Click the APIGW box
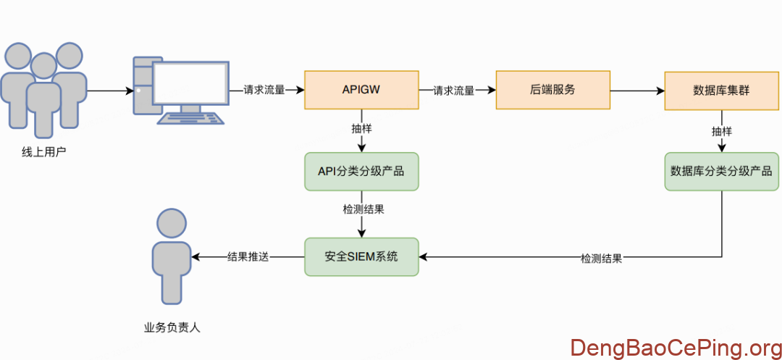361,90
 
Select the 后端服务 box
552,90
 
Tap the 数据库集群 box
721,91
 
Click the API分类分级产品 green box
361,172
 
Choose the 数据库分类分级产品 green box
721,172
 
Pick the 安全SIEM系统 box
361,256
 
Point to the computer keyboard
191,119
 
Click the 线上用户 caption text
44,152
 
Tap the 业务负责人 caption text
172,327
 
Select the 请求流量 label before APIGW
264,91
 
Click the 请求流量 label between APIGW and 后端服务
454,91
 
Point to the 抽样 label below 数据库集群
721,131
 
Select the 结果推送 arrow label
248,256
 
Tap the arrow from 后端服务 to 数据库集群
637,91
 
